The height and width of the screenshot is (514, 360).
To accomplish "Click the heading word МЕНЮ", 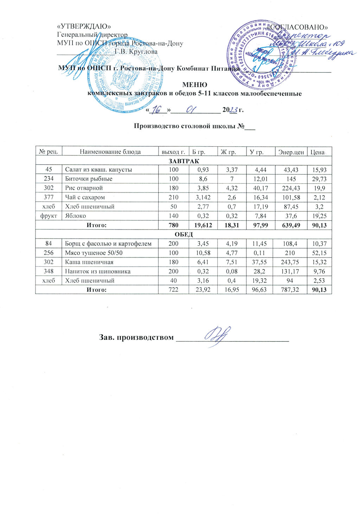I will tap(194, 85).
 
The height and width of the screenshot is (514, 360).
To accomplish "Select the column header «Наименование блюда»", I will tap(110, 152).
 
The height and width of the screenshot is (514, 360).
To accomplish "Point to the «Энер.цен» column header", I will tap(291, 152).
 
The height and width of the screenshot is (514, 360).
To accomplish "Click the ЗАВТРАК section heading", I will tap(184, 161).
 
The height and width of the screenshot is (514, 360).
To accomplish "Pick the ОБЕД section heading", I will tap(184, 234).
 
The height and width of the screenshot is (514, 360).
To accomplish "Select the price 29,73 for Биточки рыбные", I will tap(320, 179).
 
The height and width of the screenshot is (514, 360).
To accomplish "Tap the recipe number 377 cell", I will tap(49, 197).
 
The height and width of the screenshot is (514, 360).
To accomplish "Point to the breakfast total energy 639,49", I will tap(291, 225).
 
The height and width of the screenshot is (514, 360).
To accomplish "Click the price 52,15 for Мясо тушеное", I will tap(320, 253).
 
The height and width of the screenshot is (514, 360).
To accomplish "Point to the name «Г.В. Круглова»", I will tap(138, 52).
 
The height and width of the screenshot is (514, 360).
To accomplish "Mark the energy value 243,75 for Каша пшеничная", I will tap(291, 262).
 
